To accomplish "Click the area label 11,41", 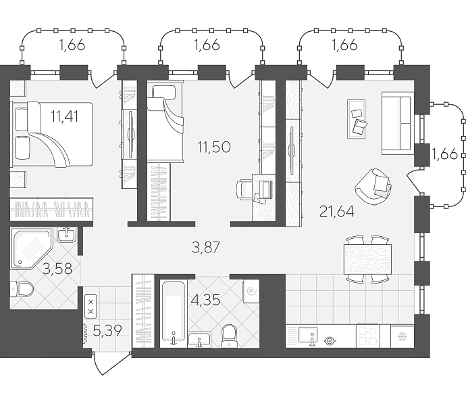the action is coord(64,116).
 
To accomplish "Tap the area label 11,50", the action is coord(214,147).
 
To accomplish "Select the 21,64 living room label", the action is coord(337,212).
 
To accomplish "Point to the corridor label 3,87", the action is coord(206,248).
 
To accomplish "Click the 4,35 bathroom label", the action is coord(206,300).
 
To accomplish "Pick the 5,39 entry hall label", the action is coord(107,330).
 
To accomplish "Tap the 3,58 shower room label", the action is coord(57,269).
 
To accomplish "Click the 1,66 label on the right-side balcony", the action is coord(444,154).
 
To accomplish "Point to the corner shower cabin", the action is coord(32,248).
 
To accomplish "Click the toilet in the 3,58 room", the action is coord(22,289).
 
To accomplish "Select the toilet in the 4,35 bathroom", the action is coord(230,336).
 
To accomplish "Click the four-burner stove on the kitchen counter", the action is coord(367,336).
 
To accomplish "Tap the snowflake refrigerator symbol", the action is coord(402,337).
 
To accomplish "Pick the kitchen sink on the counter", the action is coord(308,336).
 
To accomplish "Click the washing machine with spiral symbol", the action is coord(251,291).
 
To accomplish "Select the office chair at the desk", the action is coord(244,189).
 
